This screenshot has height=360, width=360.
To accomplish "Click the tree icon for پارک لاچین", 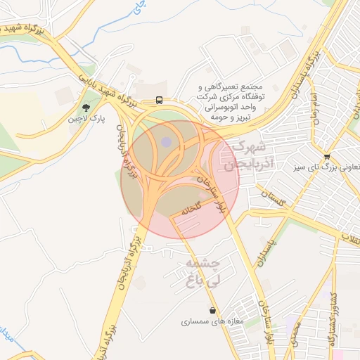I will click(x=86, y=108).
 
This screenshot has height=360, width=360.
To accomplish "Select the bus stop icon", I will click(x=160, y=101).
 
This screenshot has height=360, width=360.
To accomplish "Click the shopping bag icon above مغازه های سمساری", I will click(x=212, y=310).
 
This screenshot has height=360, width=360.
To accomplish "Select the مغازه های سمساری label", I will click(x=212, y=322).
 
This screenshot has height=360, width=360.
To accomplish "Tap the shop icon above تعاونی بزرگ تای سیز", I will click(x=327, y=156).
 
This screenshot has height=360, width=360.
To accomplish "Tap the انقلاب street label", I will click(x=349, y=240).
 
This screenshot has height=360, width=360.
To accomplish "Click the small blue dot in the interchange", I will click(x=166, y=143).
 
